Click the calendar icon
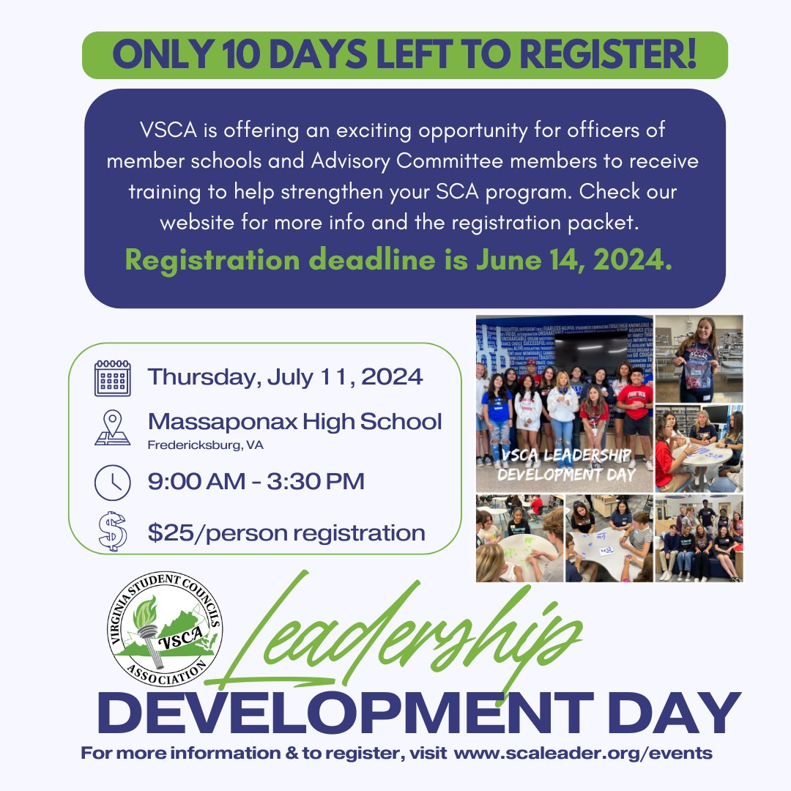click(x=112, y=378)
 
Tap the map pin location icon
click(x=112, y=428)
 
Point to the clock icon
click(x=112, y=482)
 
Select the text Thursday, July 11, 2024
click(x=285, y=377)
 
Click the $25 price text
click(x=168, y=532)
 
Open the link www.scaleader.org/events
click(x=583, y=754)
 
